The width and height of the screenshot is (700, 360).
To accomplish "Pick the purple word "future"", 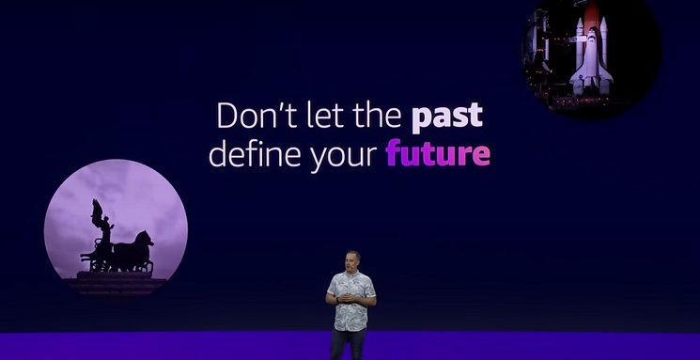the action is click(x=438, y=153).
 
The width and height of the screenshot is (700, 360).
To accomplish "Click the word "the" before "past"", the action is click(x=377, y=116).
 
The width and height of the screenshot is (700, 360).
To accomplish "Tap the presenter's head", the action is click(x=352, y=260).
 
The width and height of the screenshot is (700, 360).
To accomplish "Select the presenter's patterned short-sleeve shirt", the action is click(x=351, y=299).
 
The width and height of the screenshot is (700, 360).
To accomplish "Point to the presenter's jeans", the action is click(x=349, y=345).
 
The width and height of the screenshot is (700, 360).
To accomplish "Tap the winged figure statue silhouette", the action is click(x=101, y=224).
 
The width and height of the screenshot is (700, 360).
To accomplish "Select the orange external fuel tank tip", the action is click(x=592, y=13).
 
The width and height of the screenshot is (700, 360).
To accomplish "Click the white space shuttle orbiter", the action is click(x=592, y=60).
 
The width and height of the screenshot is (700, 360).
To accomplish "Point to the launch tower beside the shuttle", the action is click(x=537, y=45).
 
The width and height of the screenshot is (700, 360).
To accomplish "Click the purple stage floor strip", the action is click(x=350, y=346).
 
